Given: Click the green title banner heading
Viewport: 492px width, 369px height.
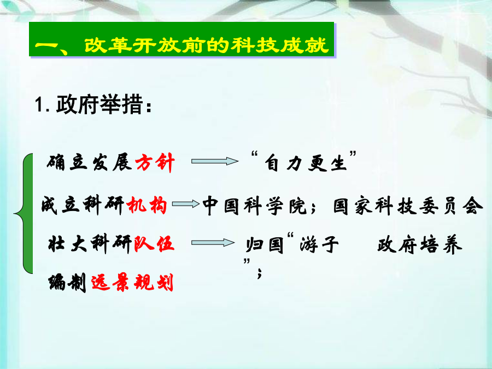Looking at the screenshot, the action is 181,39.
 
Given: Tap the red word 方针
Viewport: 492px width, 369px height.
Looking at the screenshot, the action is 155,162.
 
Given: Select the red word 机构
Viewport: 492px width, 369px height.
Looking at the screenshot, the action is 147,205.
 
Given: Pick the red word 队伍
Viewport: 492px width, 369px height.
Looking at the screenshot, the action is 154,244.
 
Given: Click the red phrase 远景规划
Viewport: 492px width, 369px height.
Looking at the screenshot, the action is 132,283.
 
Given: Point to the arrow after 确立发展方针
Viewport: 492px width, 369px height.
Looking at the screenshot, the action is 215,161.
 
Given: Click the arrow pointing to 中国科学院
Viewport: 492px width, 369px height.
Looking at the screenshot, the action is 186,204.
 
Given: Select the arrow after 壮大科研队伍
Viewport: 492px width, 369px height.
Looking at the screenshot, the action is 213,243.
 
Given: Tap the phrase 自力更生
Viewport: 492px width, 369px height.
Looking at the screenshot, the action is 306,163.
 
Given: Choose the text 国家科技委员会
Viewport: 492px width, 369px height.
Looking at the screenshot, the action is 408,206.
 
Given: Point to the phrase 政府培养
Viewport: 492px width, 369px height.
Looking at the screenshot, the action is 419,245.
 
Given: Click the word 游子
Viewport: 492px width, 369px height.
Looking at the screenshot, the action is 319,244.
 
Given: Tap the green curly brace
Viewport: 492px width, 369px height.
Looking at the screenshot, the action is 24,214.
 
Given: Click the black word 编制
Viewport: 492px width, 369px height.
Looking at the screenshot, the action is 67,283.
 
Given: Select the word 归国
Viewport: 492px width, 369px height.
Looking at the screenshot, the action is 265,245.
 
